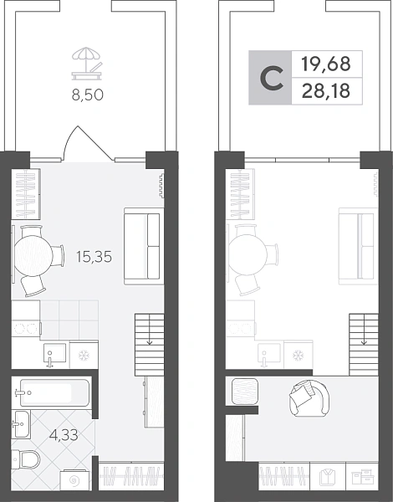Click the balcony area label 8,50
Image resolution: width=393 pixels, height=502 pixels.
87,95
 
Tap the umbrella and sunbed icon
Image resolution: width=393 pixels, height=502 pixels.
88,64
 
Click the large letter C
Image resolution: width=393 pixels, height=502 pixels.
272,78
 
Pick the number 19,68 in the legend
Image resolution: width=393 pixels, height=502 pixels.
326,64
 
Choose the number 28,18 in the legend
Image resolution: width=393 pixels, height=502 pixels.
326,91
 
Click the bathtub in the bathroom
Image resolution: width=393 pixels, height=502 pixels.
52,393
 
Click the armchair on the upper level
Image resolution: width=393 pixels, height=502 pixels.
309,398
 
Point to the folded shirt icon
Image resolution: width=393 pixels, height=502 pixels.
328,478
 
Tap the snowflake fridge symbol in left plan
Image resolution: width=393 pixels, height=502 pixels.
84,355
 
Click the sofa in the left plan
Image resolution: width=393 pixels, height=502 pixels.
144,246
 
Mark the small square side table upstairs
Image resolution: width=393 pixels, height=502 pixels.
245,392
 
